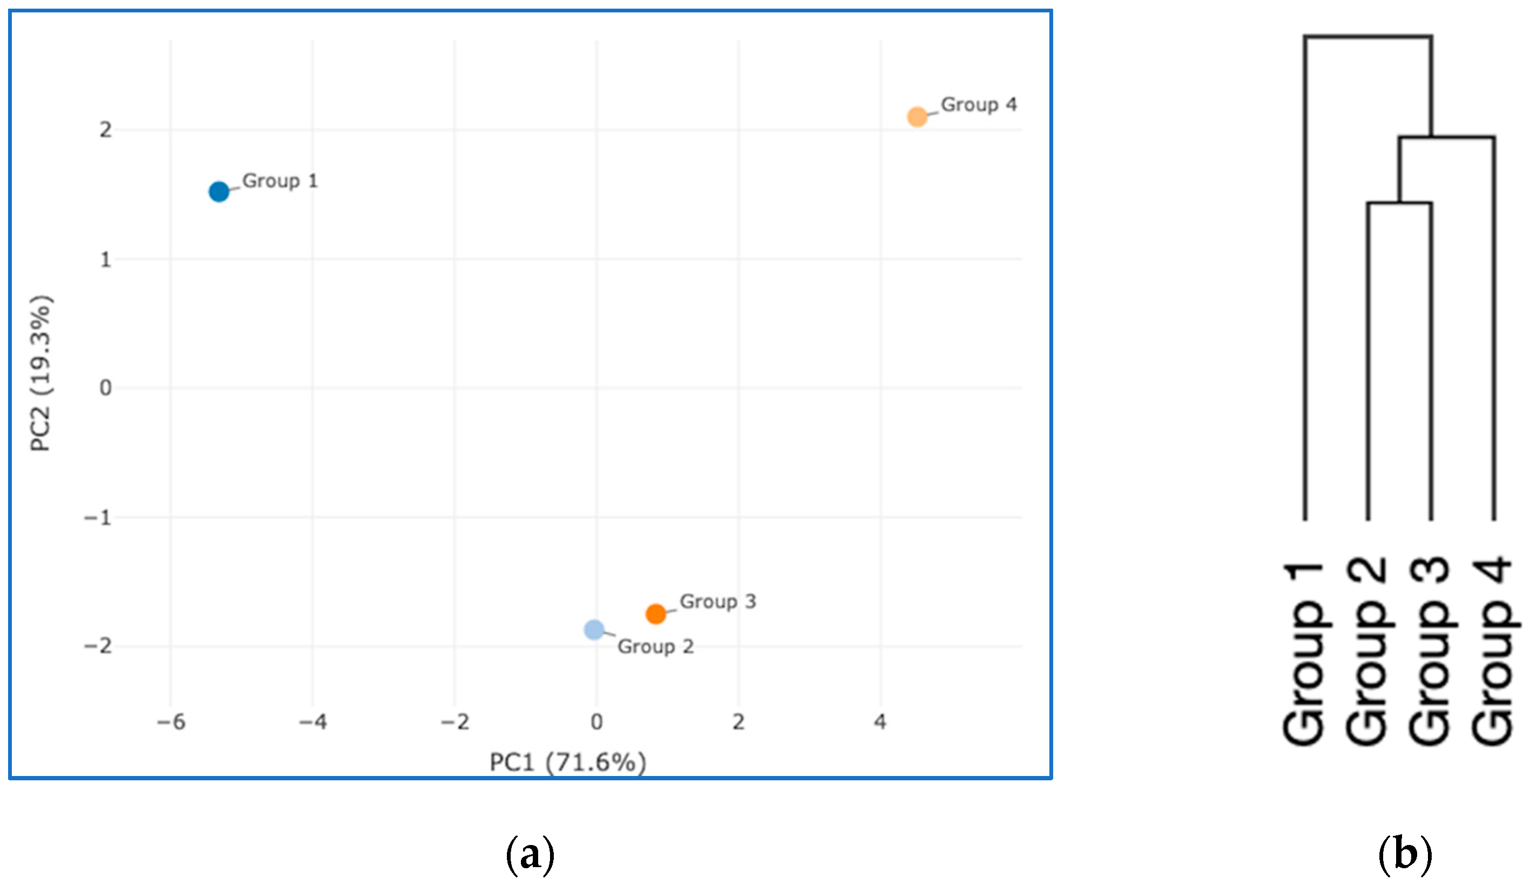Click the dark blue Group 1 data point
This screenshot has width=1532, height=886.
(219, 191)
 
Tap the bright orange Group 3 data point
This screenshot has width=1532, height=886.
(655, 614)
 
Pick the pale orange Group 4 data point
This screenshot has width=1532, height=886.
(917, 117)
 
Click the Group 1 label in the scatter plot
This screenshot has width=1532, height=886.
(280, 181)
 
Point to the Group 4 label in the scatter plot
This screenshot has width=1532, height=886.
(979, 105)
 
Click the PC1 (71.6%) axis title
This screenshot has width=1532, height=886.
(568, 761)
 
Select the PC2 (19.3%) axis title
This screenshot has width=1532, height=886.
(42, 373)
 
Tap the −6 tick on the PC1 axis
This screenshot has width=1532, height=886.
(171, 722)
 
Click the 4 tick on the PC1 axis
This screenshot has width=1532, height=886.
(880, 722)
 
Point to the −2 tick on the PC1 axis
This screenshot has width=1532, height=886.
(455, 722)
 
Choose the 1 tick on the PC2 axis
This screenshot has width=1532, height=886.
(106, 260)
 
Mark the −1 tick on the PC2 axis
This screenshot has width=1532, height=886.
(98, 518)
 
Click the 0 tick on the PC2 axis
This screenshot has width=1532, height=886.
(106, 388)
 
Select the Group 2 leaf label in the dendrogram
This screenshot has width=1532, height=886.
(1367, 650)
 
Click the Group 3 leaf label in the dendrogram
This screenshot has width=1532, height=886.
(1431, 650)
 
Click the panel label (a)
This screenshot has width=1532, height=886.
(530, 854)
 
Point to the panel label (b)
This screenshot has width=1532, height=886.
(1405, 854)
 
